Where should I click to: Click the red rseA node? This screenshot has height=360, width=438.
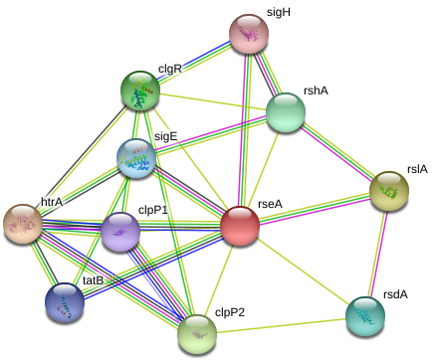coord(240,226)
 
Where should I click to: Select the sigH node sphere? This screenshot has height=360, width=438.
coord(249,34)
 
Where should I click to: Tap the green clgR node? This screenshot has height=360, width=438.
coord(140,90)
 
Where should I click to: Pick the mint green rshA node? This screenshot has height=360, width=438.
coord(286,112)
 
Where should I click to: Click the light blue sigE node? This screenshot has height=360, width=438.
coord(136,157)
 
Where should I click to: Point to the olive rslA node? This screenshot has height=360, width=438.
coord(388,190)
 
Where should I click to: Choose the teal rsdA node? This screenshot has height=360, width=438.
coord(365,315)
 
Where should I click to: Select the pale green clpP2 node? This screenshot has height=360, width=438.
coord(197,332)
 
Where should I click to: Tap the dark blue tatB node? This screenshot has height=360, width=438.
coord(65,301)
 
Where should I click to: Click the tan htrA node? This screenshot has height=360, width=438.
coord(22,224)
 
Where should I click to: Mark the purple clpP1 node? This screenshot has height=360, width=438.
coord(120,232)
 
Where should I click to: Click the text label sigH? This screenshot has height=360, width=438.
coord(278,13)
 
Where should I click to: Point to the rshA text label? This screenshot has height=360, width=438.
coord(316,90)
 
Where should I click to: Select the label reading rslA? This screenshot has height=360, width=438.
coord(417,169)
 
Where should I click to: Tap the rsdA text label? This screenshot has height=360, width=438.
coord(395,294)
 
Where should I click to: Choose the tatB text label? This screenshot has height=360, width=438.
coord(93,280)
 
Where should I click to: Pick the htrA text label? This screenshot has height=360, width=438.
coord(51,203)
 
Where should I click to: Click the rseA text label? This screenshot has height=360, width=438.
coord(270,204)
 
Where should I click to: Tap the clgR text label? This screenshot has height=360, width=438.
coord(170,70)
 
